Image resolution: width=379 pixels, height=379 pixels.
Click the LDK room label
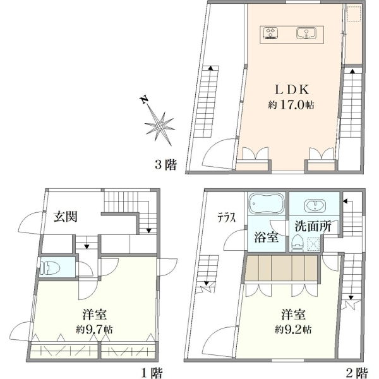[x=292, y=90]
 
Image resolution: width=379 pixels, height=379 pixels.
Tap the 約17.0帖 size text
[x=291, y=105]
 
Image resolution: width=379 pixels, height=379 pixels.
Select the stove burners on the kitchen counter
[x=270, y=33]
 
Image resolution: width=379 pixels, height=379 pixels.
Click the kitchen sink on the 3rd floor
[x=306, y=33]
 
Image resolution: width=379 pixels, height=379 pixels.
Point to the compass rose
[x=160, y=126]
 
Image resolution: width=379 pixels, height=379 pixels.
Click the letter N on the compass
[x=144, y=100]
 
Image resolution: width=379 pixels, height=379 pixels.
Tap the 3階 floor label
[x=165, y=165]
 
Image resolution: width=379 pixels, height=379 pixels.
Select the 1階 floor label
[x=152, y=373]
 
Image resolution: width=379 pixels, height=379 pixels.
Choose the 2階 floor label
[x=357, y=373]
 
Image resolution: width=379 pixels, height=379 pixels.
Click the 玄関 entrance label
[x=66, y=216]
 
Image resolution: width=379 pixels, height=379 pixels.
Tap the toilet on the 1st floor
[x=50, y=268]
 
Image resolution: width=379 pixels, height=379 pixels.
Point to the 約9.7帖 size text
[x=94, y=329]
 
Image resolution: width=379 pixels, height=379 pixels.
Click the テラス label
[x=226, y=219]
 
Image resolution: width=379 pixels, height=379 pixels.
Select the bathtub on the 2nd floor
[x=266, y=203]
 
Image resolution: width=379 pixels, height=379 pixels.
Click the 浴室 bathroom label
[x=266, y=238]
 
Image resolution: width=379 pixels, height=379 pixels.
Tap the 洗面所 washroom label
[x=313, y=227]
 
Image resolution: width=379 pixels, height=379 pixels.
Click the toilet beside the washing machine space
[x=298, y=243]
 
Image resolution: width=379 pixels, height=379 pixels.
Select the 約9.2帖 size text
[x=293, y=329]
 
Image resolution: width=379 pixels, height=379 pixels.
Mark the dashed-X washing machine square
[x=313, y=244]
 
